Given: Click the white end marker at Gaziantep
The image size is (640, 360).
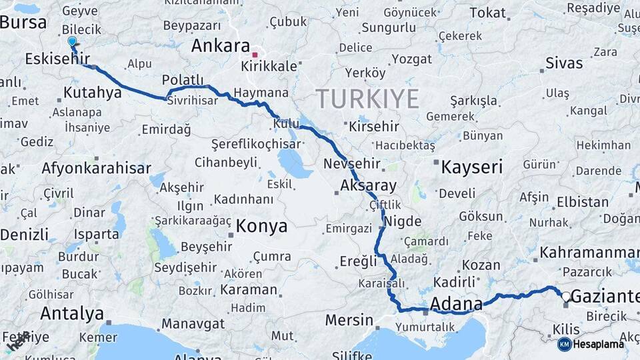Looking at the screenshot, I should [x=566, y=297].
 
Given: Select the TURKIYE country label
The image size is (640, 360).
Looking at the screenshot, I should [x=367, y=99].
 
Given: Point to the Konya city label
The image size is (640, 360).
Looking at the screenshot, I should [x=261, y=226].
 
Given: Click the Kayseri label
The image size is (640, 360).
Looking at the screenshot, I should [x=471, y=167].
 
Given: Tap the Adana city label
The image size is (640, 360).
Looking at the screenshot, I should [x=456, y=305].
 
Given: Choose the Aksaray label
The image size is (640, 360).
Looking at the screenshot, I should [x=368, y=185].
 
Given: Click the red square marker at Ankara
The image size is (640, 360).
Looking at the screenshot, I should [x=255, y=55].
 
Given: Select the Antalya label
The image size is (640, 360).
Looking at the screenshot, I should [x=72, y=313].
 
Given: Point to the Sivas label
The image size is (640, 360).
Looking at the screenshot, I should [x=564, y=63].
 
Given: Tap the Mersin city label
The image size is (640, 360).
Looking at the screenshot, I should [x=349, y=320].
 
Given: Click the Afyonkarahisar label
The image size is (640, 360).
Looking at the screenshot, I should [x=96, y=168].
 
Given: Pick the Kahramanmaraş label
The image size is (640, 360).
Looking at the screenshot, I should [x=589, y=253].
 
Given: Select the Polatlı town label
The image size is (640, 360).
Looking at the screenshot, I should [x=183, y=80].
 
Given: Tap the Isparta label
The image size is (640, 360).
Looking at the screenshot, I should [x=97, y=234].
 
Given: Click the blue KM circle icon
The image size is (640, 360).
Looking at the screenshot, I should [x=564, y=344].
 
